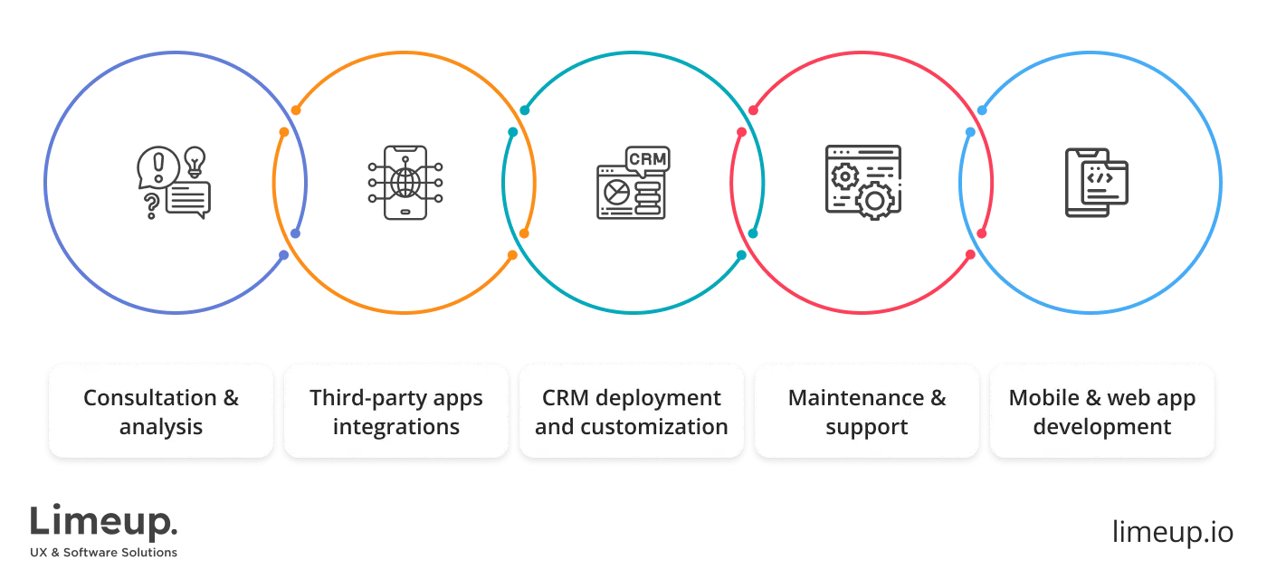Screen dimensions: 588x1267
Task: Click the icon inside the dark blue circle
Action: point(175,185)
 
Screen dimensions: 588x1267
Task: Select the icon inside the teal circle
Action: point(633,185)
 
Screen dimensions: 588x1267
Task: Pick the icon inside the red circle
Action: point(865,181)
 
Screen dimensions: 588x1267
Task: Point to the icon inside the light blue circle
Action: point(1096,185)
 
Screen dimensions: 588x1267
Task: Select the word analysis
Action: point(161,427)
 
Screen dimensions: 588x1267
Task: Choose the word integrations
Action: point(396,427)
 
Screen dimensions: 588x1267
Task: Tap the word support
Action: point(866,427)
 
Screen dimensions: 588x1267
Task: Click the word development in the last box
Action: point(1101,427)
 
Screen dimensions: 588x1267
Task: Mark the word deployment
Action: point(657,398)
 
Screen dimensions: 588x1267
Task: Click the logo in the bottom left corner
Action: point(104,528)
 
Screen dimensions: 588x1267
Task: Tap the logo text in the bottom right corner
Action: point(1171,528)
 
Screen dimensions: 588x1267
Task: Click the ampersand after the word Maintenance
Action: point(937,398)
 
